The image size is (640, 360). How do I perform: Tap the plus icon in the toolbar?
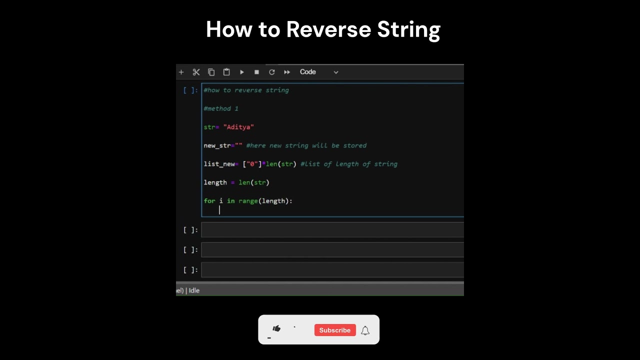pos(181,72)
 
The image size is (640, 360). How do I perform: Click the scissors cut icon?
pos(196,72)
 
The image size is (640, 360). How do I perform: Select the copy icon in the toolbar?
pos(211,72)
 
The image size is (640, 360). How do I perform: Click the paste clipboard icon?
pos(226,72)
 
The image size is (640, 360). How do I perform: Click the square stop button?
pos(256,72)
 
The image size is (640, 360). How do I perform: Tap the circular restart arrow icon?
pos(272,72)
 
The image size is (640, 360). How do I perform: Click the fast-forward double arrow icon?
pos(287,72)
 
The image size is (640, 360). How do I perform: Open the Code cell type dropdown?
pos(319,72)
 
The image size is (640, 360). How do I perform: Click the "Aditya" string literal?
pos(238,127)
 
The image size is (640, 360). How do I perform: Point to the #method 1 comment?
pos(221,108)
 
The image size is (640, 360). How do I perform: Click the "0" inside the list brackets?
pos(252,164)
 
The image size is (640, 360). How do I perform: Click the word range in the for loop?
pos(248,201)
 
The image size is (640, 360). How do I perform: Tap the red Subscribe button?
pos(335,330)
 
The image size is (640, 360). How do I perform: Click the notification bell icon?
pos(365,330)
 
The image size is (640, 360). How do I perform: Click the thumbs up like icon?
pos(276,328)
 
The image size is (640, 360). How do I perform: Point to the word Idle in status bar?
pos(194,290)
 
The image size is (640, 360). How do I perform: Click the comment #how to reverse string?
pos(246,90)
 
